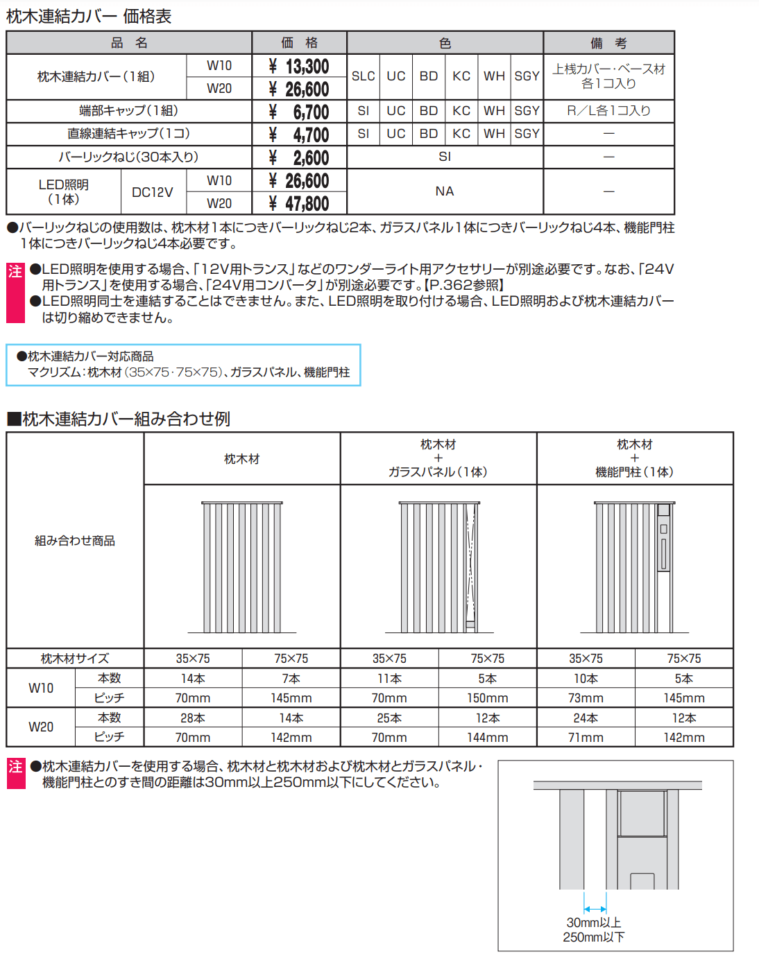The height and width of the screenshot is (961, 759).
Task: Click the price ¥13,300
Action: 299,67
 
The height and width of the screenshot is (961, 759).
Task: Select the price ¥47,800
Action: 299,204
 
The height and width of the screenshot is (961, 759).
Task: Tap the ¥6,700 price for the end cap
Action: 299,112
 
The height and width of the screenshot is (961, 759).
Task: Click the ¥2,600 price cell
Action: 299,158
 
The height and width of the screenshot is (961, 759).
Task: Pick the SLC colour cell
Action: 363,76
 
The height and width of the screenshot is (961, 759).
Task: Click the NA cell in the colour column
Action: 445,191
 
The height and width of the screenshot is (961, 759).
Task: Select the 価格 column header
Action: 299,43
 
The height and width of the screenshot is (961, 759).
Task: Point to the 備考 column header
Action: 608,43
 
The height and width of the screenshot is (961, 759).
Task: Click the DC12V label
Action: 153,192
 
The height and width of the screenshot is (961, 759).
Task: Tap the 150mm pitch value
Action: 487,698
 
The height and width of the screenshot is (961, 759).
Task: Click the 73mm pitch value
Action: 586,698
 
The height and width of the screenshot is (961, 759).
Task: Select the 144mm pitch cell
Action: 487,738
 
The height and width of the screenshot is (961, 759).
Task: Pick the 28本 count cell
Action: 193,718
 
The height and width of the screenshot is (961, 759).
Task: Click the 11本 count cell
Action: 389,679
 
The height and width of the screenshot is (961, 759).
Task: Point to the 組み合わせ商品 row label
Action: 75,541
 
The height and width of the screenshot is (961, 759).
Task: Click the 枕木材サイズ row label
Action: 75,659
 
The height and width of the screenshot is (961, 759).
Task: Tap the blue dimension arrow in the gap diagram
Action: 595,909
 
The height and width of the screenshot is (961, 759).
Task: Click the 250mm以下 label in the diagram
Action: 594,937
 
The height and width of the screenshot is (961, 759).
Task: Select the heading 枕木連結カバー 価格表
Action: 89,16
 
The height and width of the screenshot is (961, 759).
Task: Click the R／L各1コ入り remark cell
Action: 608,111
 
